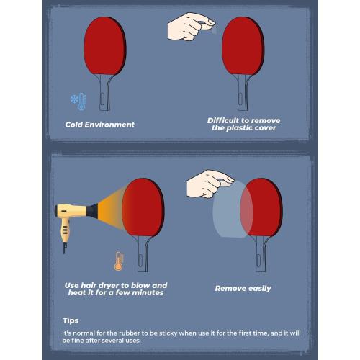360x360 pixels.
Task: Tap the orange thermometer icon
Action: (x=118, y=260)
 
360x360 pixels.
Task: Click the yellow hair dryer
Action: (x=71, y=213)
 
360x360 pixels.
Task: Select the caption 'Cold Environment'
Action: (x=99, y=125)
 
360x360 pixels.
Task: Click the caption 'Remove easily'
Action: (x=243, y=288)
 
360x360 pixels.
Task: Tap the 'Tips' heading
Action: (x=70, y=320)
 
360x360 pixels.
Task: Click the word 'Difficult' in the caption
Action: (x=227, y=120)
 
